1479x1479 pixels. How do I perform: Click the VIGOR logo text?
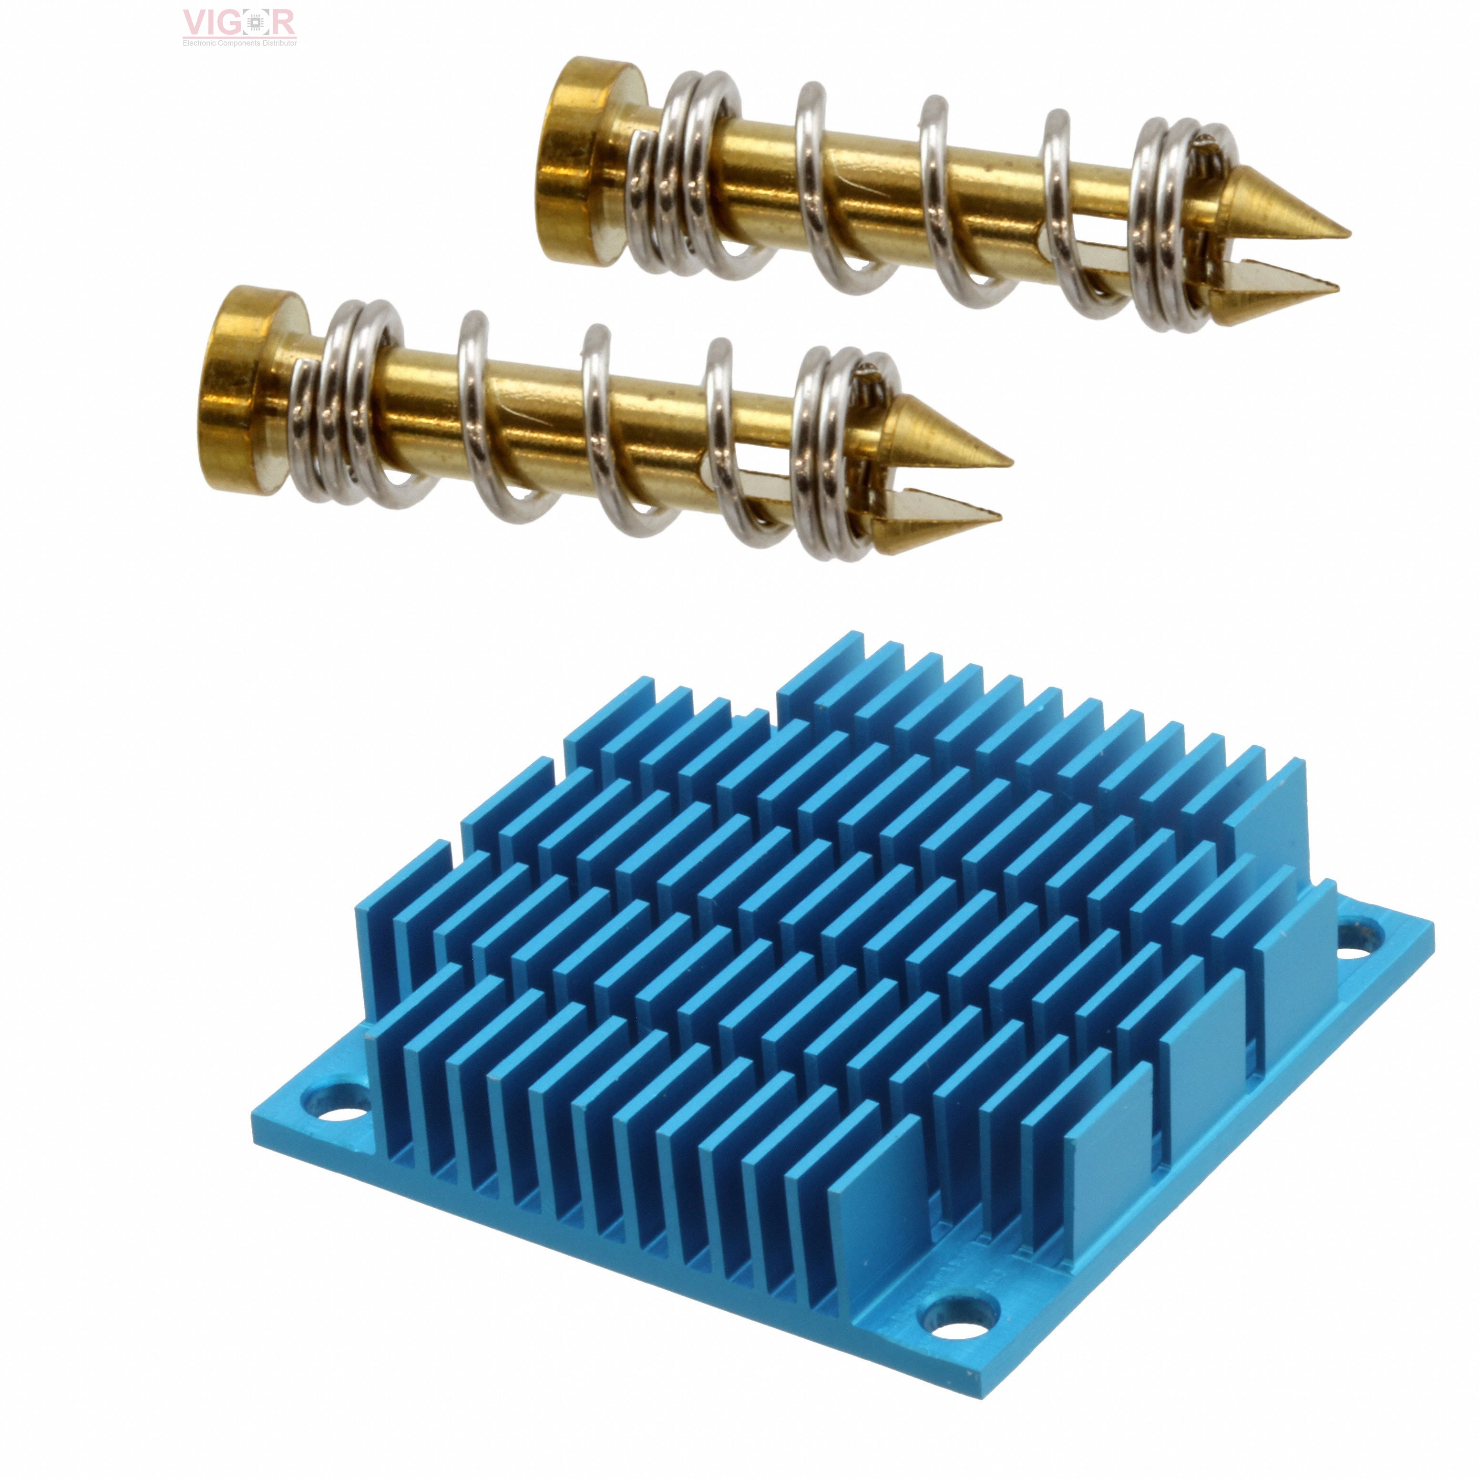click(x=239, y=23)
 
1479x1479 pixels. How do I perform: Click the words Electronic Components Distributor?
click(x=239, y=43)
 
